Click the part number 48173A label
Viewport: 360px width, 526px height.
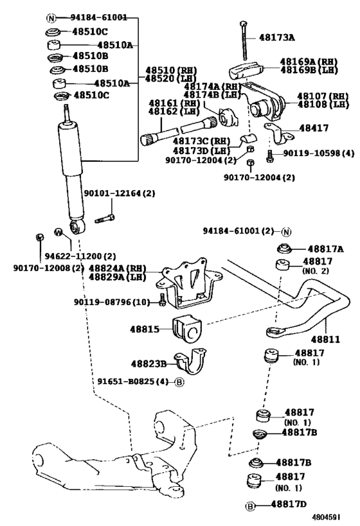coord(276,37)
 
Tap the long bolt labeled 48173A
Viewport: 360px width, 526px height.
coord(244,41)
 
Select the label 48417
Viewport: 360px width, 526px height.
coord(314,128)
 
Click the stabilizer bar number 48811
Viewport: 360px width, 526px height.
coord(325,340)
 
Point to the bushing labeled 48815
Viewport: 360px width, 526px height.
coord(187,329)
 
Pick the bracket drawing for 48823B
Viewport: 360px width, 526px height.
coord(190,361)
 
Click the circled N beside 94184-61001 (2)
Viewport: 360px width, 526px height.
coord(286,232)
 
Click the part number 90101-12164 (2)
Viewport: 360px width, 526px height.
coord(119,193)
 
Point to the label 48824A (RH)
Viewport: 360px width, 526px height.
coord(117,268)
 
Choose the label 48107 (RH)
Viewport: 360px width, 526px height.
coord(323,96)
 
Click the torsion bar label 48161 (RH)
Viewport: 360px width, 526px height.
coord(174,103)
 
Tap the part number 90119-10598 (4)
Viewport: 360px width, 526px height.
coord(319,153)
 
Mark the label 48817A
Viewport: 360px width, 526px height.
coord(325,249)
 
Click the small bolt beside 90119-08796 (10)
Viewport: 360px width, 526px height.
coord(162,300)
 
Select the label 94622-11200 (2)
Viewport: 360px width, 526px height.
coord(80,256)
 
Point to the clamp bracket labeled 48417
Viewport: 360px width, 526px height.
coord(278,134)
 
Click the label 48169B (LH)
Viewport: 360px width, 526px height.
coord(309,70)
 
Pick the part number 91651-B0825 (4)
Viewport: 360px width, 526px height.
coord(132,381)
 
